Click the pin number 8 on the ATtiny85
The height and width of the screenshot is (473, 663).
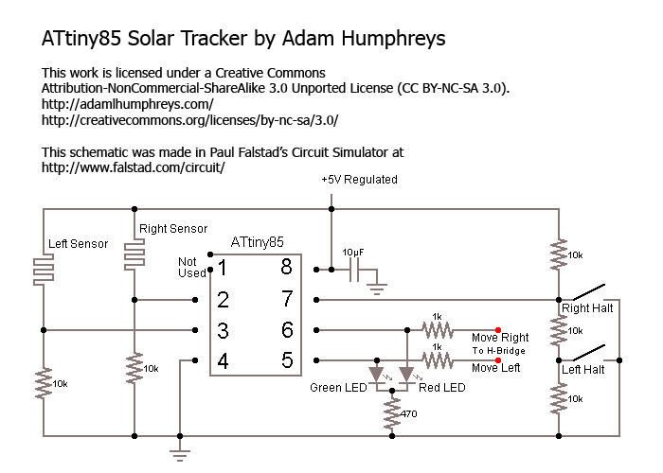click(285, 269)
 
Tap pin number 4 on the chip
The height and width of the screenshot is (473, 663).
click(223, 359)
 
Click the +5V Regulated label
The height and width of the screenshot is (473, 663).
click(359, 179)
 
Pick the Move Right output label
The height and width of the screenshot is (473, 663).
click(500, 338)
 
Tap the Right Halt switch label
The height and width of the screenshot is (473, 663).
click(588, 308)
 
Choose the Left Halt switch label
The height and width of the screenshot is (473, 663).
click(584, 370)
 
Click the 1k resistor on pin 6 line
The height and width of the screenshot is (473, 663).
click(437, 329)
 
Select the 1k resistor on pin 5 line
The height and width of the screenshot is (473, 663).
click(437, 359)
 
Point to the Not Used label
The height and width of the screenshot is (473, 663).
click(192, 267)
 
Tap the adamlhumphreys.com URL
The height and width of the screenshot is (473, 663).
click(128, 104)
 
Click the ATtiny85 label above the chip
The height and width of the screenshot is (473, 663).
click(257, 242)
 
